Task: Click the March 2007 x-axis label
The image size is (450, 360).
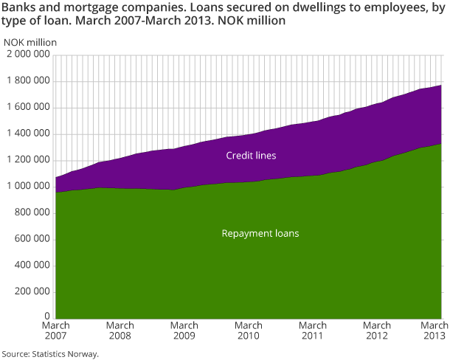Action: click(x=55, y=330)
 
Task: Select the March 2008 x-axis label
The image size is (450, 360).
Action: click(x=120, y=330)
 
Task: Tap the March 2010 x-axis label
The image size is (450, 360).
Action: click(x=249, y=330)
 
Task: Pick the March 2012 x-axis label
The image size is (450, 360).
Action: click(x=377, y=330)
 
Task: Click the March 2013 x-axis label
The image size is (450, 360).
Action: click(x=432, y=330)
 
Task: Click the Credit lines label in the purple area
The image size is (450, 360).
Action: click(x=250, y=156)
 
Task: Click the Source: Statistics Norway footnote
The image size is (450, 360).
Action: click(x=50, y=353)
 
